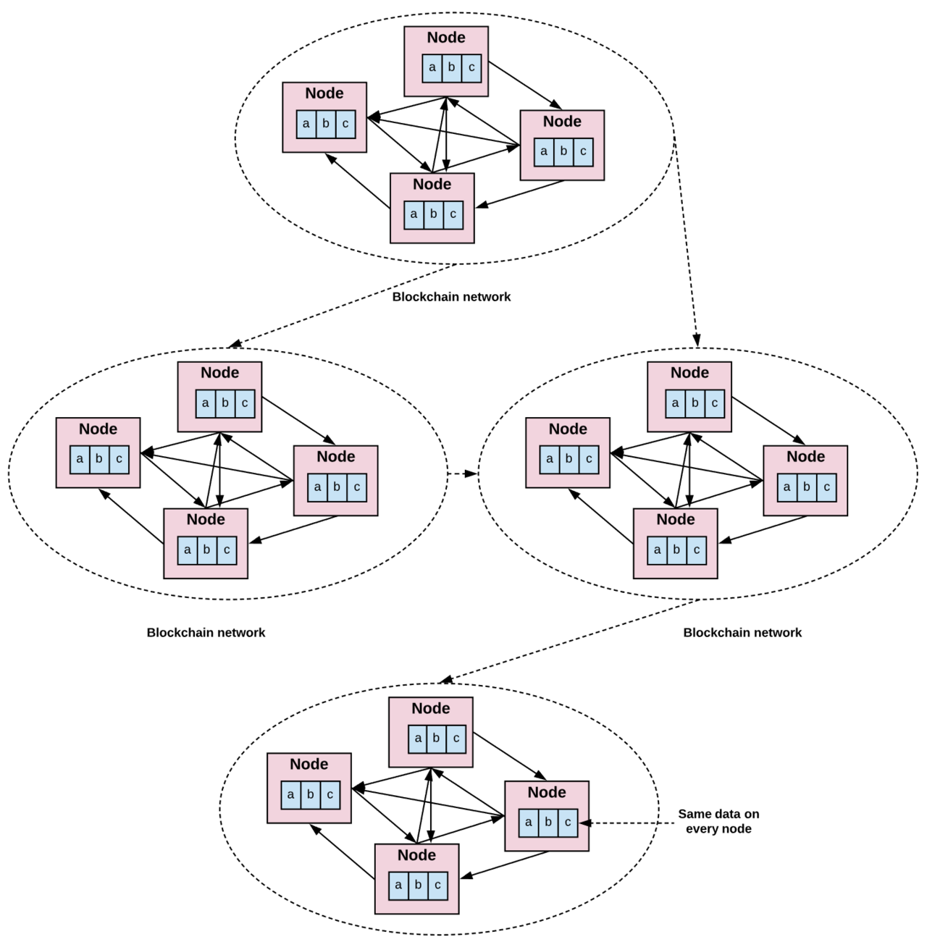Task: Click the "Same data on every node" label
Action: click(x=718, y=821)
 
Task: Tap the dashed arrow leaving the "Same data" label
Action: click(x=627, y=823)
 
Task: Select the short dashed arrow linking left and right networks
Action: click(x=463, y=474)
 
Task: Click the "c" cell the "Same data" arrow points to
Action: click(x=568, y=823)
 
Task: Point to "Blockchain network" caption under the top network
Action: click(x=451, y=297)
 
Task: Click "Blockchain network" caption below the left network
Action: click(x=206, y=633)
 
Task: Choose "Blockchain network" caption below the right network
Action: click(x=742, y=633)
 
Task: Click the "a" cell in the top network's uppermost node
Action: click(x=432, y=68)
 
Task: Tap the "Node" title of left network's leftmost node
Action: click(x=98, y=429)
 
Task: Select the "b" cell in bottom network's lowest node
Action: click(x=418, y=886)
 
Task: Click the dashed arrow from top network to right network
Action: click(x=687, y=242)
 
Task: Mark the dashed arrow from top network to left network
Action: click(x=343, y=306)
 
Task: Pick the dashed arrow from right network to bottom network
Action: click(x=569, y=641)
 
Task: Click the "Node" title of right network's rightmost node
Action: click(x=805, y=456)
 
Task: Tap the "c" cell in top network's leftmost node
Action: click(x=345, y=124)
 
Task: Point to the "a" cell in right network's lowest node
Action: click(x=657, y=550)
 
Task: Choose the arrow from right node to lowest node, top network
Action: click(x=519, y=194)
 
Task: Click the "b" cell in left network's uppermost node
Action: click(x=225, y=404)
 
